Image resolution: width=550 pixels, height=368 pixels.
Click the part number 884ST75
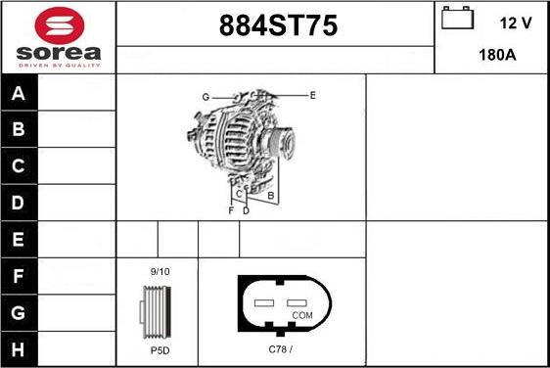pos(275,27)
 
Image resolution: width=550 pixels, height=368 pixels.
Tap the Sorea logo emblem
pos(58,25)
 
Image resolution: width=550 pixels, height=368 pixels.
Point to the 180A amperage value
pos(497,55)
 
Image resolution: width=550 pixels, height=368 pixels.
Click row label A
pos(19,94)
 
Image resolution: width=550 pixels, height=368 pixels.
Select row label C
pos(19,166)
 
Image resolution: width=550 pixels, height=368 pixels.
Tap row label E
pos(19,239)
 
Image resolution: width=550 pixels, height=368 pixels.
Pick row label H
pos(19,348)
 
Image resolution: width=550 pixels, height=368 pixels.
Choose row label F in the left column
pos(19,276)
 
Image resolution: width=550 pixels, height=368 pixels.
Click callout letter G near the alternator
pos(206,97)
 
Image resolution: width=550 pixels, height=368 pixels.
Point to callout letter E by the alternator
pos(312,95)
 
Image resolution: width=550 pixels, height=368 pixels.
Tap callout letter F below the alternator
pos(231,210)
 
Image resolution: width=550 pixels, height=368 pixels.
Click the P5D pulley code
pos(160,348)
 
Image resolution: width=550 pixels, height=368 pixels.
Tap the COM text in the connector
pos(302,315)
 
